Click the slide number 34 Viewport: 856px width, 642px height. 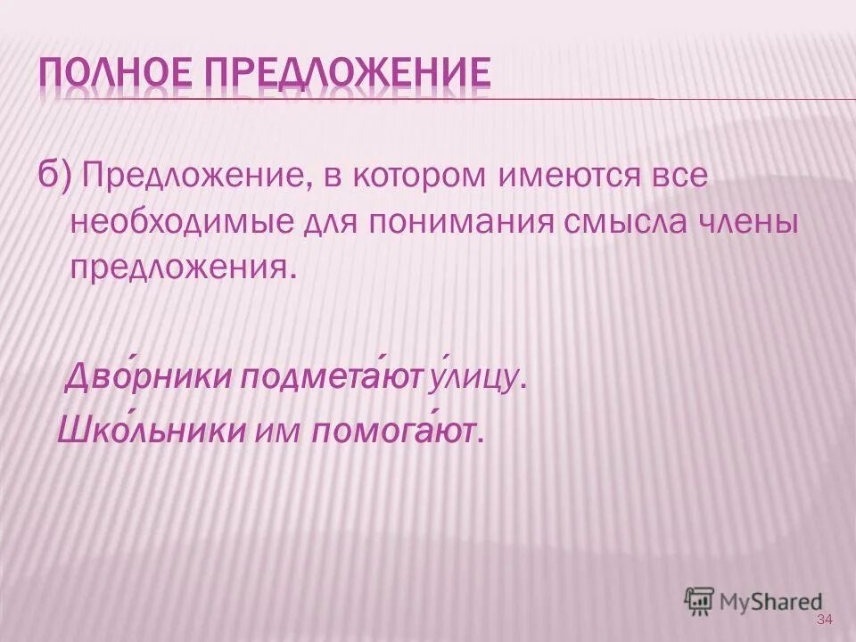pos(823,620)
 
